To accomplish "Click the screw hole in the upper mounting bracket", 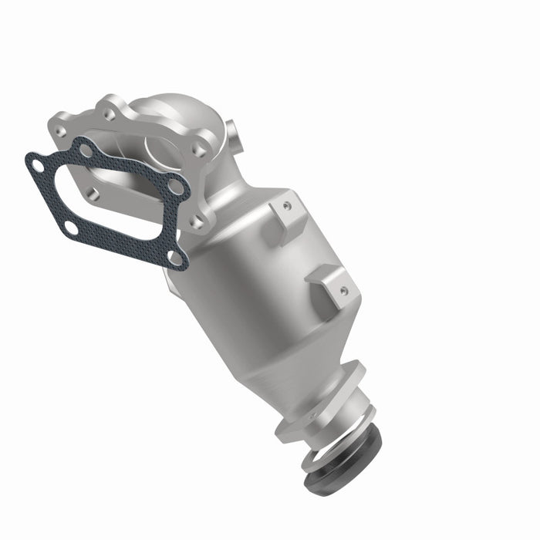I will click(288, 206).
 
